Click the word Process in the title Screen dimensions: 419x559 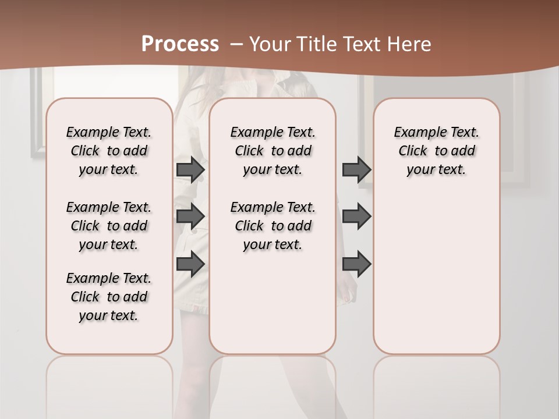pyautogui.click(x=180, y=44)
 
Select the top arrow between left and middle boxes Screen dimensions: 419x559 pyautogui.click(x=190, y=169)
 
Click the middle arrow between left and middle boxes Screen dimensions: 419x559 pyautogui.click(x=190, y=216)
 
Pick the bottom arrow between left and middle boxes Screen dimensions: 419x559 pyautogui.click(x=190, y=264)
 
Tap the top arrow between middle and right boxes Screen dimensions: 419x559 pyautogui.click(x=356, y=169)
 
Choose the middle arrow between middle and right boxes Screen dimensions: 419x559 pyautogui.click(x=356, y=216)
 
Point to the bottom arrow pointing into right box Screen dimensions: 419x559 pyautogui.click(x=356, y=264)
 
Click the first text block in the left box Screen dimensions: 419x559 pyautogui.click(x=109, y=151)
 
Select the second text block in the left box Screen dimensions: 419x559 pyautogui.click(x=109, y=226)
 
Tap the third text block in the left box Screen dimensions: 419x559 pyautogui.click(x=109, y=297)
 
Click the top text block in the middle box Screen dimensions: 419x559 pyautogui.click(x=273, y=151)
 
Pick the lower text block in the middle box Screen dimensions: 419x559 pyautogui.click(x=273, y=226)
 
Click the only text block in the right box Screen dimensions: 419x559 pyautogui.click(x=437, y=151)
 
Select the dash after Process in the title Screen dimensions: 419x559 pyautogui.click(x=236, y=44)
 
